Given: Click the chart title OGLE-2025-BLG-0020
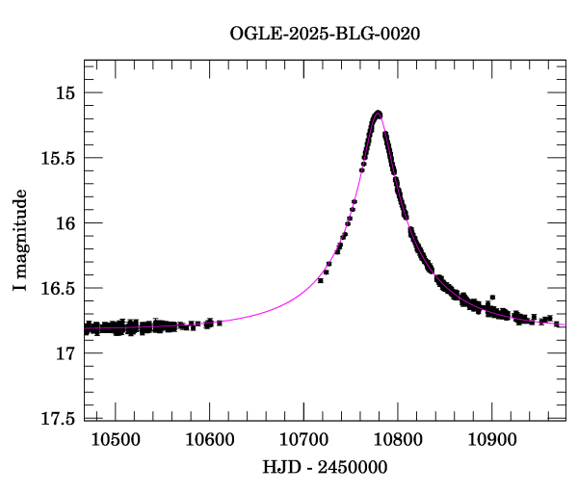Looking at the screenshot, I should point(325,34).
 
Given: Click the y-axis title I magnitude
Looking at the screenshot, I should point(19,241).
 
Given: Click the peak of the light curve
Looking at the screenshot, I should point(378,113).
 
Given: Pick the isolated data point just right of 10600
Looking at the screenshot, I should point(220,323).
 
